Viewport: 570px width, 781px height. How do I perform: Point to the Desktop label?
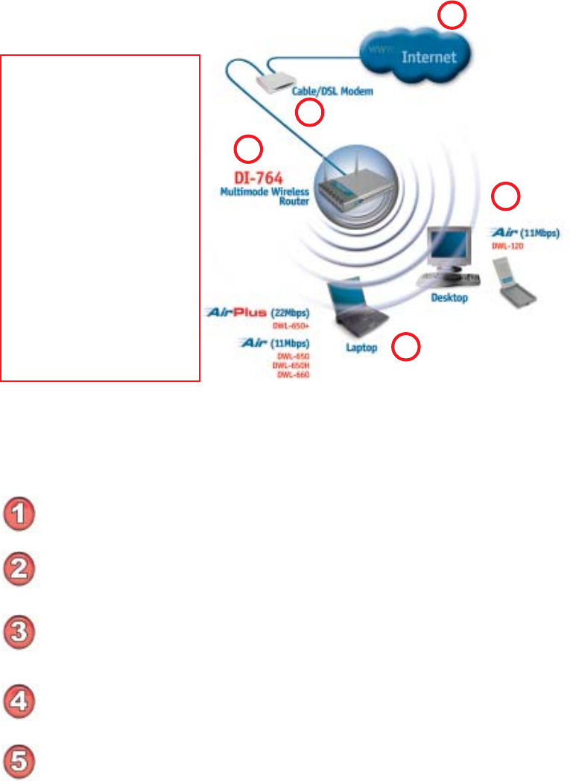[449, 297]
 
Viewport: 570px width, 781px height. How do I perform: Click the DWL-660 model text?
[297, 375]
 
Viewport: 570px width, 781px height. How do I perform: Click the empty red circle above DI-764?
[248, 149]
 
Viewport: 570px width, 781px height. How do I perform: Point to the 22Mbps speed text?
[293, 313]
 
